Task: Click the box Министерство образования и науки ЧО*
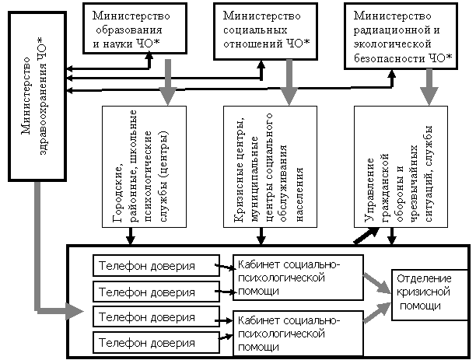[135, 29]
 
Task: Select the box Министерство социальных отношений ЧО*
[266, 31]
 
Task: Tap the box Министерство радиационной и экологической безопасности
[401, 36]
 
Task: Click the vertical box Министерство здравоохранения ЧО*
[37, 96]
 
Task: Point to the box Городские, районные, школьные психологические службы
[144, 166]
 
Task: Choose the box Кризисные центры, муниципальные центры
[270, 166]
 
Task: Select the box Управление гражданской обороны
[401, 166]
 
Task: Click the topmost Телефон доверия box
[156, 266]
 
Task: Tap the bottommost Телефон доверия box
[156, 343]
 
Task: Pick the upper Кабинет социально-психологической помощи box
[298, 278]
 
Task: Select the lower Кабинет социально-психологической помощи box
[298, 334]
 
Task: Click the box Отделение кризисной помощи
[429, 295]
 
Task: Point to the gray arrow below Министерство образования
[167, 82]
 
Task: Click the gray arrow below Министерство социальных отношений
[289, 82]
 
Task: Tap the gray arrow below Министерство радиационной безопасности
[429, 87]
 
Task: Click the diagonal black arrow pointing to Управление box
[366, 236]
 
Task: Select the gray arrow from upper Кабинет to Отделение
[377, 283]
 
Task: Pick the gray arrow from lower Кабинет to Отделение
[377, 313]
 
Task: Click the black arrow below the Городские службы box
[131, 236]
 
